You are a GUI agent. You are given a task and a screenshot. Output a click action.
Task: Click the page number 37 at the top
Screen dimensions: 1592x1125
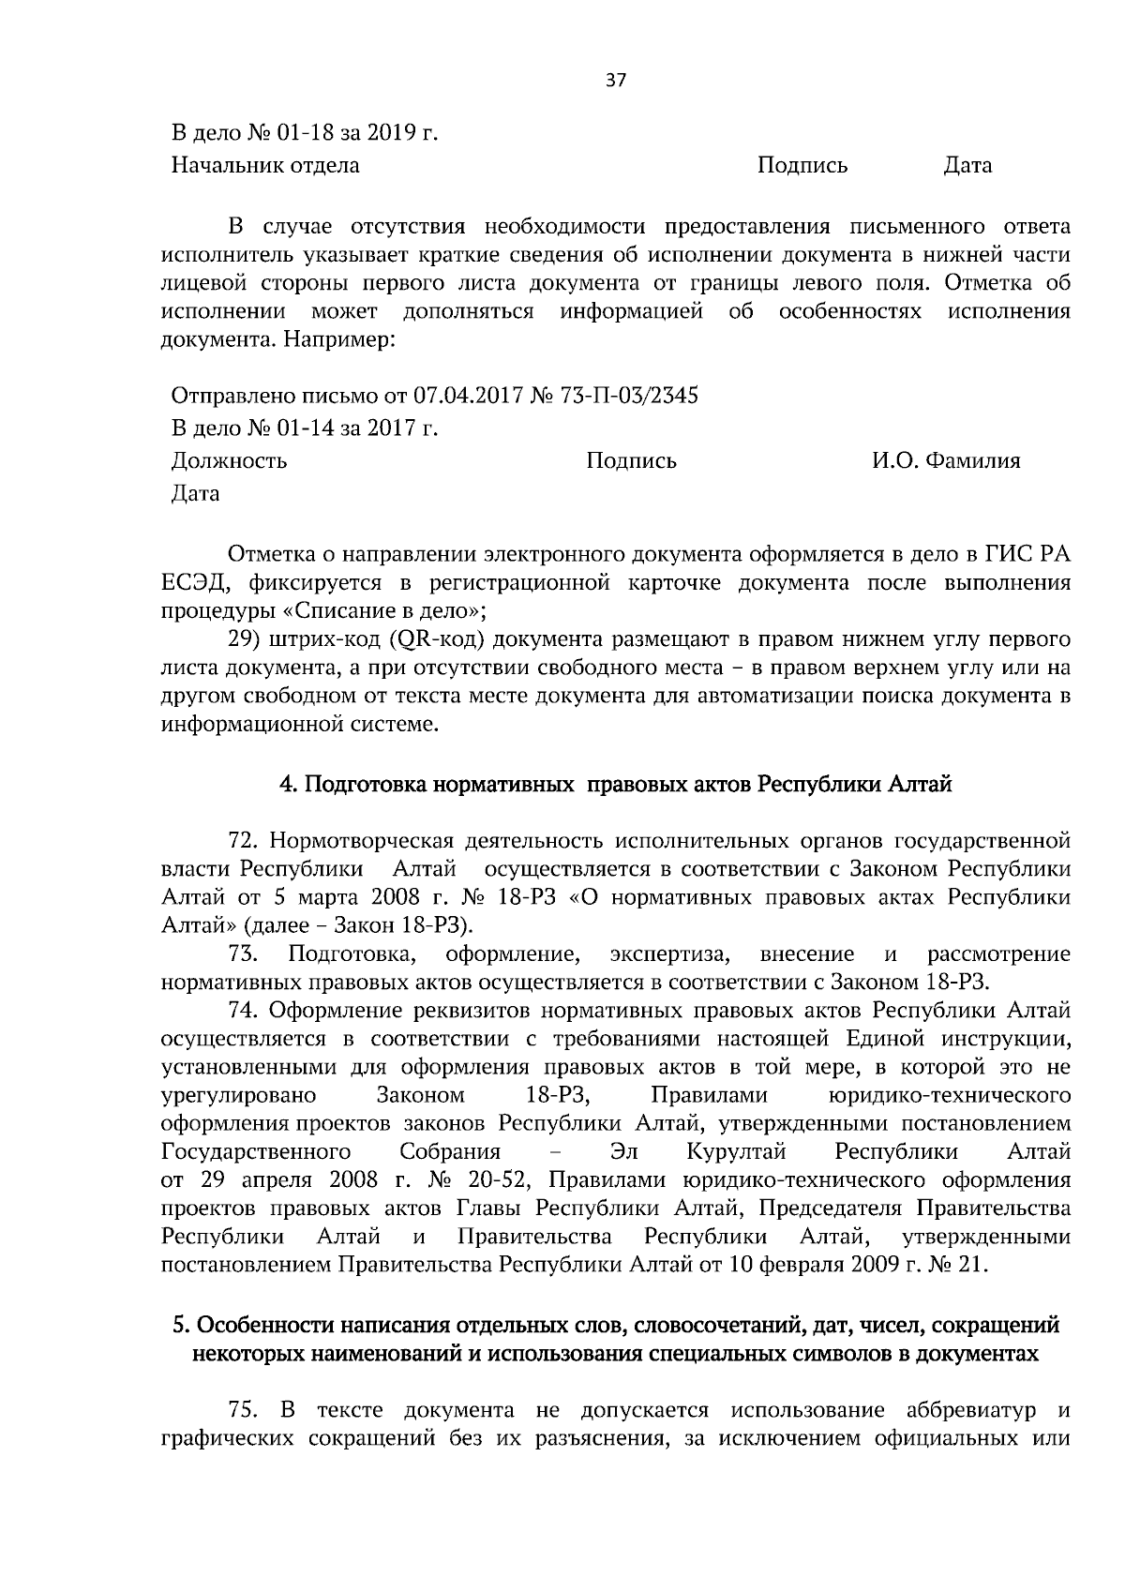(x=615, y=80)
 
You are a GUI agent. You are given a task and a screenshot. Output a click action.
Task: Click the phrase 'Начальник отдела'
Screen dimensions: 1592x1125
(x=265, y=166)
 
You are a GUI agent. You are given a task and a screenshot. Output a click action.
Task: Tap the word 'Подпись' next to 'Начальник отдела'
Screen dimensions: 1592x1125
(x=802, y=166)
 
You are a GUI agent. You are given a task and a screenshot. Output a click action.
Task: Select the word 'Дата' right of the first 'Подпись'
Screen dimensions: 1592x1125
(x=967, y=166)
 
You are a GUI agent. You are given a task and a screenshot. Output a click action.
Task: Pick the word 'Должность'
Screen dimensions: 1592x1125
(x=230, y=460)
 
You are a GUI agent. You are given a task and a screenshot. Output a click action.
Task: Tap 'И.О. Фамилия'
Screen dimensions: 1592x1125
(x=945, y=460)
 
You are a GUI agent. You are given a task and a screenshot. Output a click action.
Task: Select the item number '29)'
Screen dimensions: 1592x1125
(x=244, y=640)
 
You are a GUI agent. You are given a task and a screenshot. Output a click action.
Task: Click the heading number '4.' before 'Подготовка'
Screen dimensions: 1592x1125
(x=289, y=784)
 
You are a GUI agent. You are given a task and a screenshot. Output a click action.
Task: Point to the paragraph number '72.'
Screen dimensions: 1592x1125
(x=244, y=838)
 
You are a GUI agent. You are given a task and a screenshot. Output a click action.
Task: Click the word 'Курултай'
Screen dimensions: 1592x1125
(x=736, y=1151)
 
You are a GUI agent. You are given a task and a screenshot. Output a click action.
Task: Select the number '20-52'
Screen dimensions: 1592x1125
(x=506, y=1179)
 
